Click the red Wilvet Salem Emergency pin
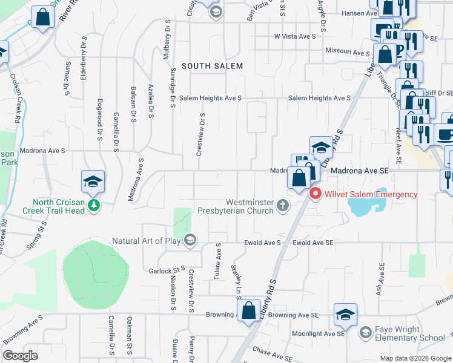pyautogui.click(x=315, y=194)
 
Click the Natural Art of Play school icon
pyautogui.click(x=190, y=241)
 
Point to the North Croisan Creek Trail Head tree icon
pyautogui.click(x=93, y=206)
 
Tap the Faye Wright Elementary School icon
pyautogui.click(x=365, y=332)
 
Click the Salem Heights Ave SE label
pyautogui.click(x=319, y=98)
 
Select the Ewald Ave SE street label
pyautogui.click(x=312, y=243)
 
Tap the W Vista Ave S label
pyautogui.click(x=295, y=36)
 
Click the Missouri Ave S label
pyautogui.click(x=348, y=53)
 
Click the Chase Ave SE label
pyautogui.click(x=273, y=352)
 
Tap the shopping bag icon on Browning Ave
pyautogui.click(x=249, y=312)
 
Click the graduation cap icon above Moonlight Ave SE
pyautogui.click(x=345, y=314)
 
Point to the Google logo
pyautogui.click(x=20, y=356)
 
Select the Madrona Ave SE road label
pyautogui.click(x=359, y=171)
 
